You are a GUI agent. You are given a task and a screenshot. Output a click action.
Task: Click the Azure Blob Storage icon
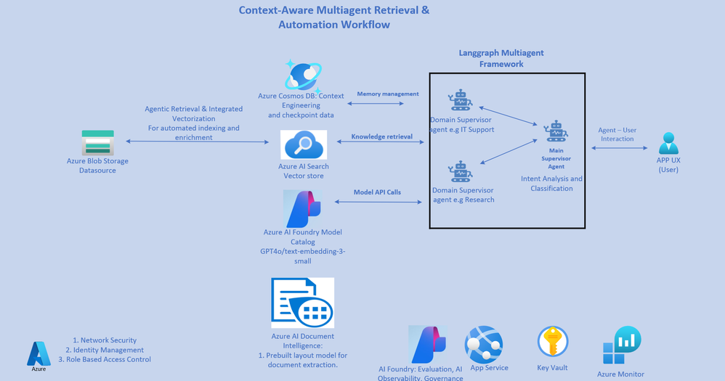point(97,142)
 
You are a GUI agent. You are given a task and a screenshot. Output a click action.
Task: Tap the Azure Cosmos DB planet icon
point(303,75)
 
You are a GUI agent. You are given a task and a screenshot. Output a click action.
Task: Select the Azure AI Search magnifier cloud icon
point(303,145)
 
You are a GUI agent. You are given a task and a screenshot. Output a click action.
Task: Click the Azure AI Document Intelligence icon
point(302,303)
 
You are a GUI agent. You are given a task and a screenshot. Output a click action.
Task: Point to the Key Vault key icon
point(553,343)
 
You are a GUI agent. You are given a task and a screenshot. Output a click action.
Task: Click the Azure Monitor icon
point(621,346)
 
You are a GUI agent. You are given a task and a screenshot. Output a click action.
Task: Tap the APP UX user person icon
point(668,143)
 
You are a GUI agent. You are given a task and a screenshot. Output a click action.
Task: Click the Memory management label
point(388,94)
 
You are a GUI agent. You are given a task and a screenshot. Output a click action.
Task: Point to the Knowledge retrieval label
point(381,136)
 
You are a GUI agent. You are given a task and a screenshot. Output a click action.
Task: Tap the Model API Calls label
point(377,192)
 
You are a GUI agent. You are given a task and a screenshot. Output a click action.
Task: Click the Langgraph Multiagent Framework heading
point(501,59)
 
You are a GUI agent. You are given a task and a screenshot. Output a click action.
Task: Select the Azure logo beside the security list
point(39,353)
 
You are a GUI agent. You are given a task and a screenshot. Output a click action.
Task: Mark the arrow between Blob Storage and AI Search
point(197,142)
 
